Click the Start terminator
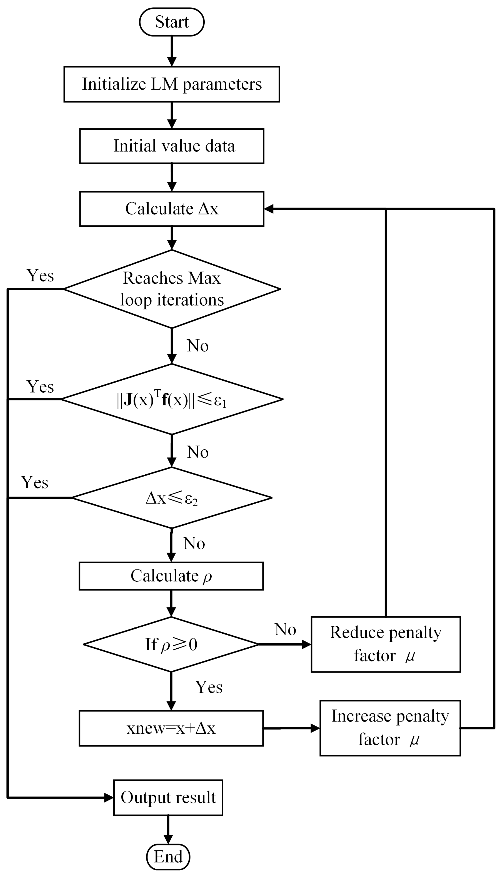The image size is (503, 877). coord(172,22)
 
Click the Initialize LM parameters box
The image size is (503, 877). coord(172,84)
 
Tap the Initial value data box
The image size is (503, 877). coord(172,146)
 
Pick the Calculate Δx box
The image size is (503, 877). coord(172,209)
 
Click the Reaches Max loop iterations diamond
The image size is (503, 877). coord(172,289)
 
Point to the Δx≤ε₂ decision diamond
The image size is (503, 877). coord(172,498)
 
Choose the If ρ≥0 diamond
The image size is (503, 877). coord(171,644)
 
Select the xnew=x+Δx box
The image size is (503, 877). coord(171,728)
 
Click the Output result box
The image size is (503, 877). coord(168,798)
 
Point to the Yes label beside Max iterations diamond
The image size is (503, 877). coord(40,276)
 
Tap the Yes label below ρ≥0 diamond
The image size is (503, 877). coord(209,687)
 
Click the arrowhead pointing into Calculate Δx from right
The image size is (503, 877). coord(269,209)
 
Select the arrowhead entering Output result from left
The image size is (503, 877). coord(109,798)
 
